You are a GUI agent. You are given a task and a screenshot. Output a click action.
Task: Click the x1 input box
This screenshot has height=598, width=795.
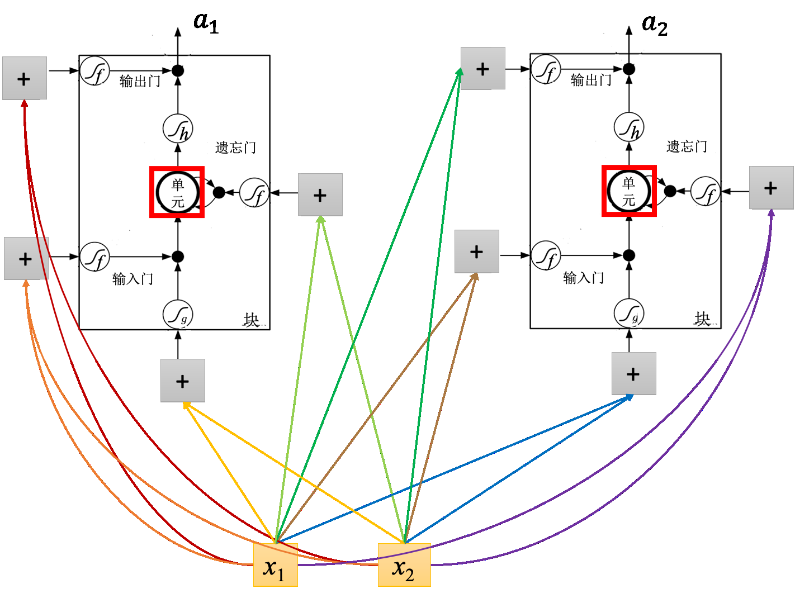[275, 565]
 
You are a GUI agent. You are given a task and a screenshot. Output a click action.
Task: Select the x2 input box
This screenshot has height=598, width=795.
[404, 565]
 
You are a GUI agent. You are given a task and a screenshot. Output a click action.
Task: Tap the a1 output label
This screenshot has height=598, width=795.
[206, 22]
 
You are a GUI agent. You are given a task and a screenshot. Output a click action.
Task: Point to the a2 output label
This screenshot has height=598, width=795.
[654, 24]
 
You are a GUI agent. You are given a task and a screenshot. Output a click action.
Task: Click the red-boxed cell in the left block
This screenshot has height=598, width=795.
[177, 192]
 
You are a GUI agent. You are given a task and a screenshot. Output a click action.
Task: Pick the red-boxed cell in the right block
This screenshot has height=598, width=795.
[629, 191]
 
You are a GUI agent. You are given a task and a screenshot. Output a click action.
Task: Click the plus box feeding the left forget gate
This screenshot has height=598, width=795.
[320, 195]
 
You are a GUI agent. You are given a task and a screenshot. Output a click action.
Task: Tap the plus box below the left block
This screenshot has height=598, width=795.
[182, 381]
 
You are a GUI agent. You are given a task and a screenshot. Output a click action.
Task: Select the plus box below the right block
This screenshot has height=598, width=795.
[633, 374]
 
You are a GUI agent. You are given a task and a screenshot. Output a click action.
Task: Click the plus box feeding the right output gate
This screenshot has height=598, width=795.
[482, 69]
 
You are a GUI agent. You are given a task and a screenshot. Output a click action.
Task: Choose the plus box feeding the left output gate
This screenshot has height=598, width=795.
[24, 78]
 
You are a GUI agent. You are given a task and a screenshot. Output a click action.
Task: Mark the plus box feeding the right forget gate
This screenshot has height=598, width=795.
[771, 188]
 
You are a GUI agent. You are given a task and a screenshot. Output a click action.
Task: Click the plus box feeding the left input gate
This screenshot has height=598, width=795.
[26, 258]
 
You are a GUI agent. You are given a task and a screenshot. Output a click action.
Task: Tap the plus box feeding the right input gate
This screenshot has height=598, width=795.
[476, 251]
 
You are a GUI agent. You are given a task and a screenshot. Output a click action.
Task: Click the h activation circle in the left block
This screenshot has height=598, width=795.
[178, 129]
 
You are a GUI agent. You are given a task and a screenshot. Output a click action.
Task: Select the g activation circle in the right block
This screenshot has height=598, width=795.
[629, 314]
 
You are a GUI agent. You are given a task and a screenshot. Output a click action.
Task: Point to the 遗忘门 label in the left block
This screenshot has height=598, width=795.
[235, 148]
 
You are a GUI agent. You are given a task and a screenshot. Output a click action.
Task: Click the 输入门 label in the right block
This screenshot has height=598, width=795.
[583, 277]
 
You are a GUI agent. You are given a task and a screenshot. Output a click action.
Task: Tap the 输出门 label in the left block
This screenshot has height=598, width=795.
[140, 82]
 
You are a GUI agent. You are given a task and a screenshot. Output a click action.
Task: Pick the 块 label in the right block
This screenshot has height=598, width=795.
[702, 319]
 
